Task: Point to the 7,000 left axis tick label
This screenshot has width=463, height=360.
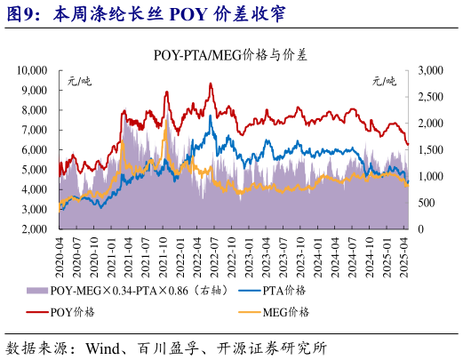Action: coord(36,130)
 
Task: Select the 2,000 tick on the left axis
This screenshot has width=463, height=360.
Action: coord(36,229)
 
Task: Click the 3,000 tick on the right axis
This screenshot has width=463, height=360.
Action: coord(429,70)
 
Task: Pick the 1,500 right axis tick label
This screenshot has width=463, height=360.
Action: coord(429,149)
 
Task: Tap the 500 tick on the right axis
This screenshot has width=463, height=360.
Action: coord(427,203)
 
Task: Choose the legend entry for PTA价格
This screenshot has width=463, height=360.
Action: coord(284,291)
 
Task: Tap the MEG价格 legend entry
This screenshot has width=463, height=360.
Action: coord(285,311)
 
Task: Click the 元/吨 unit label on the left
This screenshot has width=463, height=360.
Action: coord(80,82)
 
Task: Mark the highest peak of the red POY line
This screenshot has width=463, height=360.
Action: coord(210,84)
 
